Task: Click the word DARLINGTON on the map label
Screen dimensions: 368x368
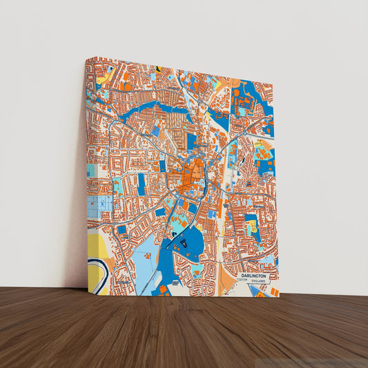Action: [253, 276]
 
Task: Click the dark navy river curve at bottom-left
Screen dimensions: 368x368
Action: [95, 265]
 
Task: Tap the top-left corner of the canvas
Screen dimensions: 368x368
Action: [86, 58]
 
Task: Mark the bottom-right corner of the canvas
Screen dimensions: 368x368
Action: [280, 298]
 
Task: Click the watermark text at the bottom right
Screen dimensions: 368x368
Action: [314, 362]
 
